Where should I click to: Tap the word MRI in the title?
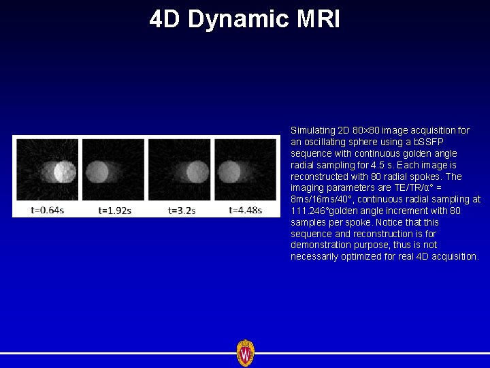coord(318,19)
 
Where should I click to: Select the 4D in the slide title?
coord(165,19)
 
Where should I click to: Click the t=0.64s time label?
coord(48,210)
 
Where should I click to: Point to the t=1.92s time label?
coord(115,210)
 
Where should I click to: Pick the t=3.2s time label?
coord(182,210)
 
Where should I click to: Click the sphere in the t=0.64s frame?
coord(65,170)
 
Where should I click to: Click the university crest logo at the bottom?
coord(245,353)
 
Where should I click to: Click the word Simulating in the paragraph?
coord(312,130)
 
